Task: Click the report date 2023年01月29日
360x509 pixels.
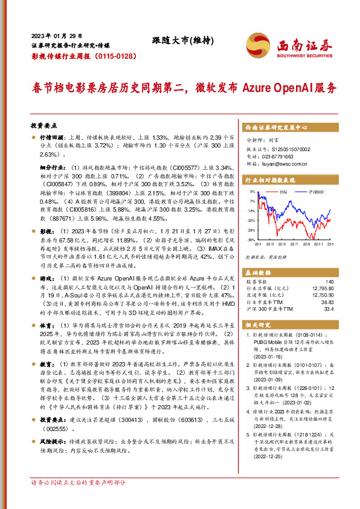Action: (56, 36)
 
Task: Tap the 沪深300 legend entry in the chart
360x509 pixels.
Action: (316, 192)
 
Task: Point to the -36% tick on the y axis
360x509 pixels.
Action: (251, 240)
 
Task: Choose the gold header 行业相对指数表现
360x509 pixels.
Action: (269, 180)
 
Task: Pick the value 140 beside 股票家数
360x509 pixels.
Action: (329, 282)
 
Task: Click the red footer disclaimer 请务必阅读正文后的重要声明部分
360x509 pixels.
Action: (79, 500)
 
